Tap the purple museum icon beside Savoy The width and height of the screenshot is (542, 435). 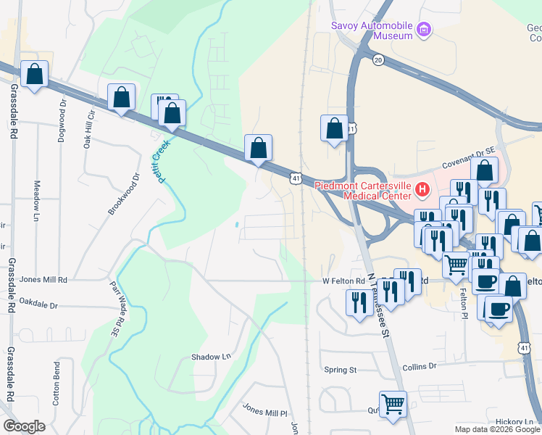(x=424, y=31)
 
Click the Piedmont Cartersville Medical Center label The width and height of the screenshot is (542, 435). (x=362, y=190)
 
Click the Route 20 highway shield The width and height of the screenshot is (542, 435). (x=378, y=60)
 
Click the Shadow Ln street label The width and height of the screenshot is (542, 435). (x=210, y=357)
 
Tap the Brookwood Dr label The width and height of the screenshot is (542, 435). (x=124, y=194)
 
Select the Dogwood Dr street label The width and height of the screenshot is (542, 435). (x=62, y=120)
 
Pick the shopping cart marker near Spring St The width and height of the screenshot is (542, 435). (x=393, y=403)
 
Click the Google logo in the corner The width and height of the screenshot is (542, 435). (x=24, y=426)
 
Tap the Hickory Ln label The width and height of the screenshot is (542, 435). (x=514, y=421)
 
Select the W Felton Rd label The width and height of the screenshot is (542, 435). (x=344, y=281)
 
